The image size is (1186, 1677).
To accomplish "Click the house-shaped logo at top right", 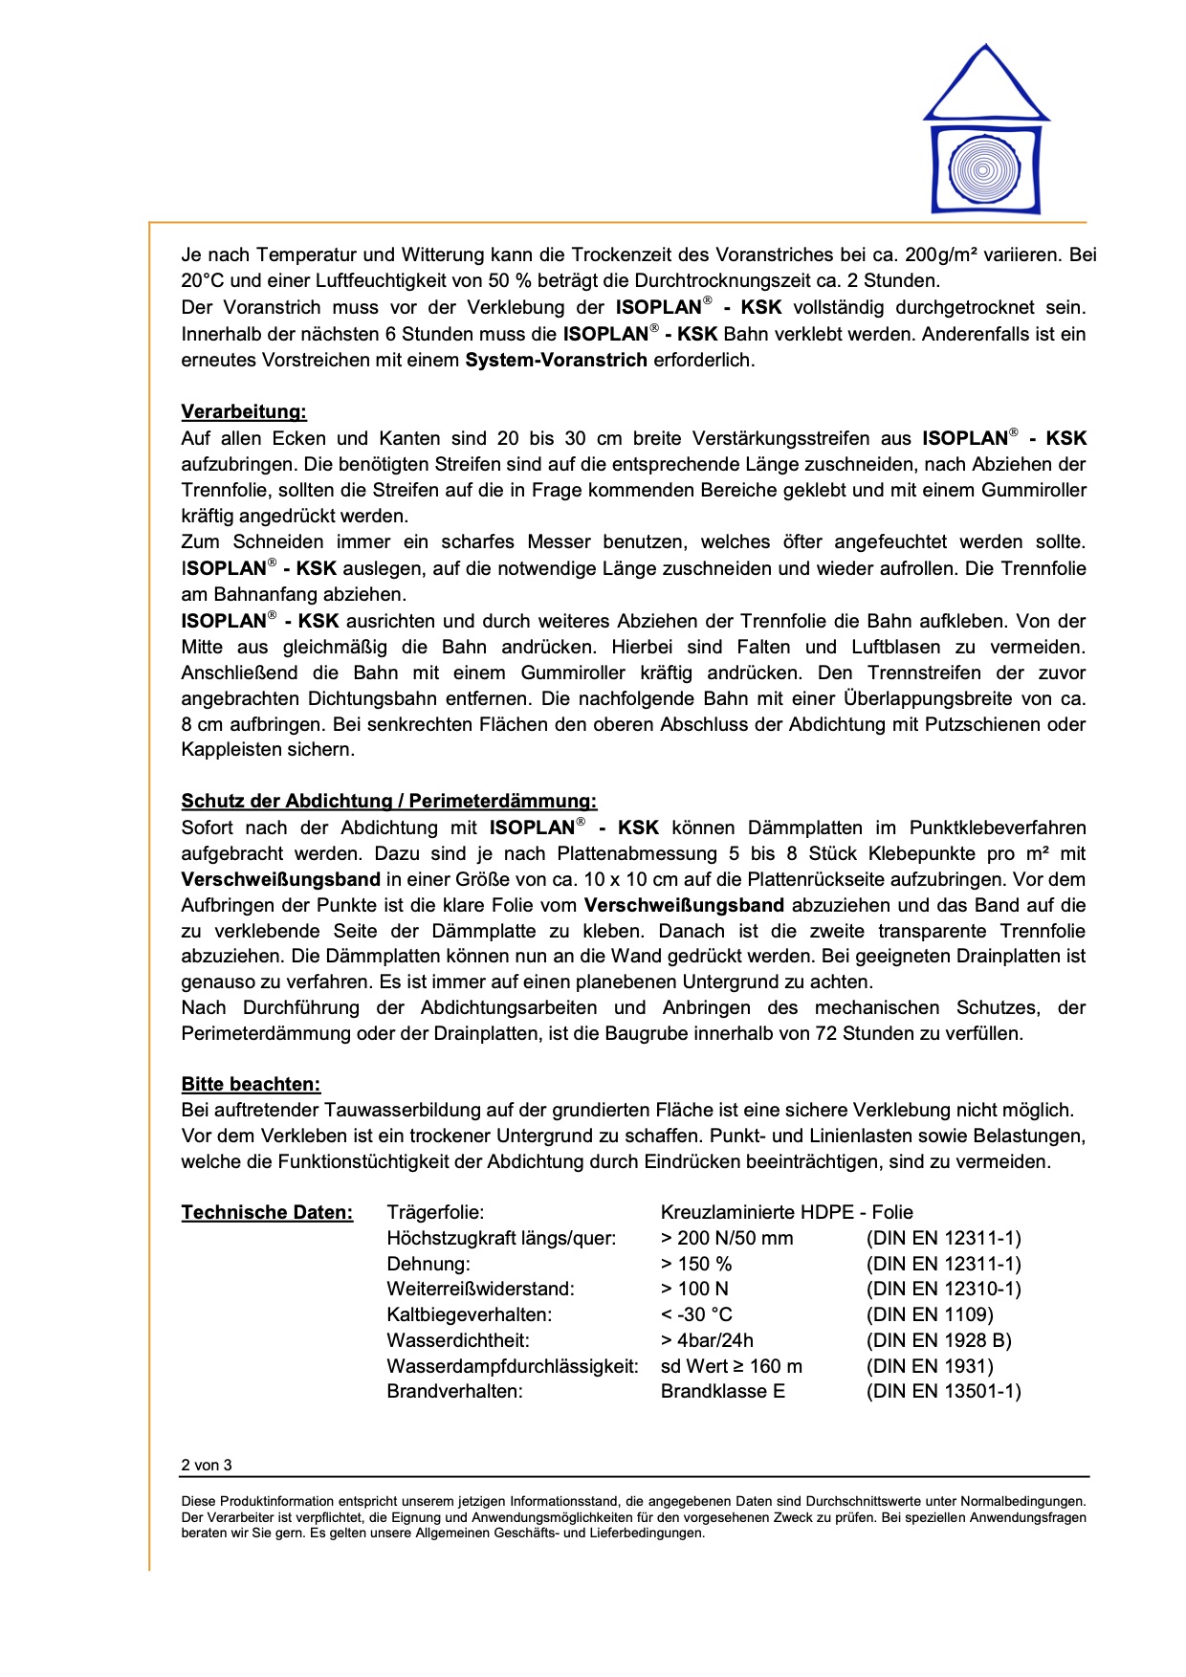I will click(986, 129).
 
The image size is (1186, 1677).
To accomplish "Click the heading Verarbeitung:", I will click(244, 412).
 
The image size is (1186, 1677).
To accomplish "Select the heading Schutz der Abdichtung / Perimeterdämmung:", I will click(388, 801).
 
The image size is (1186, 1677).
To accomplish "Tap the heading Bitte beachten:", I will click(251, 1084).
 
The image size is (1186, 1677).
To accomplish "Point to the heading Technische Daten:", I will click(267, 1213).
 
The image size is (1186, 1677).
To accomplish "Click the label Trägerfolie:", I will click(435, 1212).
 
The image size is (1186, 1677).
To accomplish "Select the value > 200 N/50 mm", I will click(727, 1238).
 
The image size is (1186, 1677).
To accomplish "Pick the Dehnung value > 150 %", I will click(696, 1264).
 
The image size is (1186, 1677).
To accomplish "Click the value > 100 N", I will click(694, 1289).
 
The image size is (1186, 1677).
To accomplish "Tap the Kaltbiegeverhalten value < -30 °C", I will click(696, 1314).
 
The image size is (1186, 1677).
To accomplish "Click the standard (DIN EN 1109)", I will click(930, 1314).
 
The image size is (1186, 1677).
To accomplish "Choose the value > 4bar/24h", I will click(707, 1340).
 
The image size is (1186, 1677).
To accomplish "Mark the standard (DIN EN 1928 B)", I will click(938, 1340).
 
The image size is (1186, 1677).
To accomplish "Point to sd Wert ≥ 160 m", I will click(732, 1366).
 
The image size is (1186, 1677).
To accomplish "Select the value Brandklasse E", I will click(722, 1391).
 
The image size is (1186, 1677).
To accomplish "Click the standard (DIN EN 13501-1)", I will click(943, 1391).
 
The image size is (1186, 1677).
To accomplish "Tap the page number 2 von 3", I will click(207, 1465).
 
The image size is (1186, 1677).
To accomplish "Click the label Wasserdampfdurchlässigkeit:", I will click(512, 1366).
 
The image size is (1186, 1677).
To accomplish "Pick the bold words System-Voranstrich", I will click(557, 361).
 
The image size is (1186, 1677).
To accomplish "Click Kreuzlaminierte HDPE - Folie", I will click(786, 1212).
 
